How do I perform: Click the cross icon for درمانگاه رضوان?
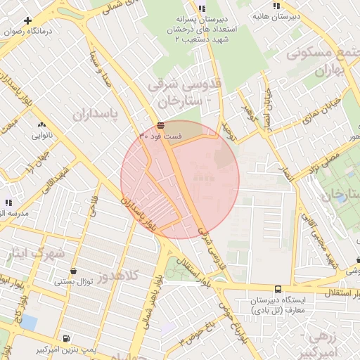pyautogui.click(x=27, y=22)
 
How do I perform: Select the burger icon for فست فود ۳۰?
pyautogui.click(x=162, y=124)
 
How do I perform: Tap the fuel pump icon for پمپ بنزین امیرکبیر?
pyautogui.click(x=66, y=338)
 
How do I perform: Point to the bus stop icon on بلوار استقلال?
pyautogui.click(x=278, y=289)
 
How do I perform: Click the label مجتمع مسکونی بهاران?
pyautogui.click(x=323, y=62)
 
